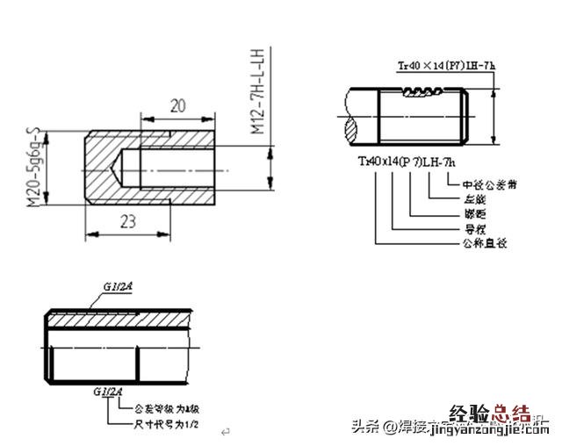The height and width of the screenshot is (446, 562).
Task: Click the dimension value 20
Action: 177,106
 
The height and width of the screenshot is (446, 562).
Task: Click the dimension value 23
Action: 128,222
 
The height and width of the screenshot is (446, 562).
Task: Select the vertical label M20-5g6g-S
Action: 34,169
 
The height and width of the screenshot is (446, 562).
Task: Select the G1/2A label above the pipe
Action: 117,287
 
